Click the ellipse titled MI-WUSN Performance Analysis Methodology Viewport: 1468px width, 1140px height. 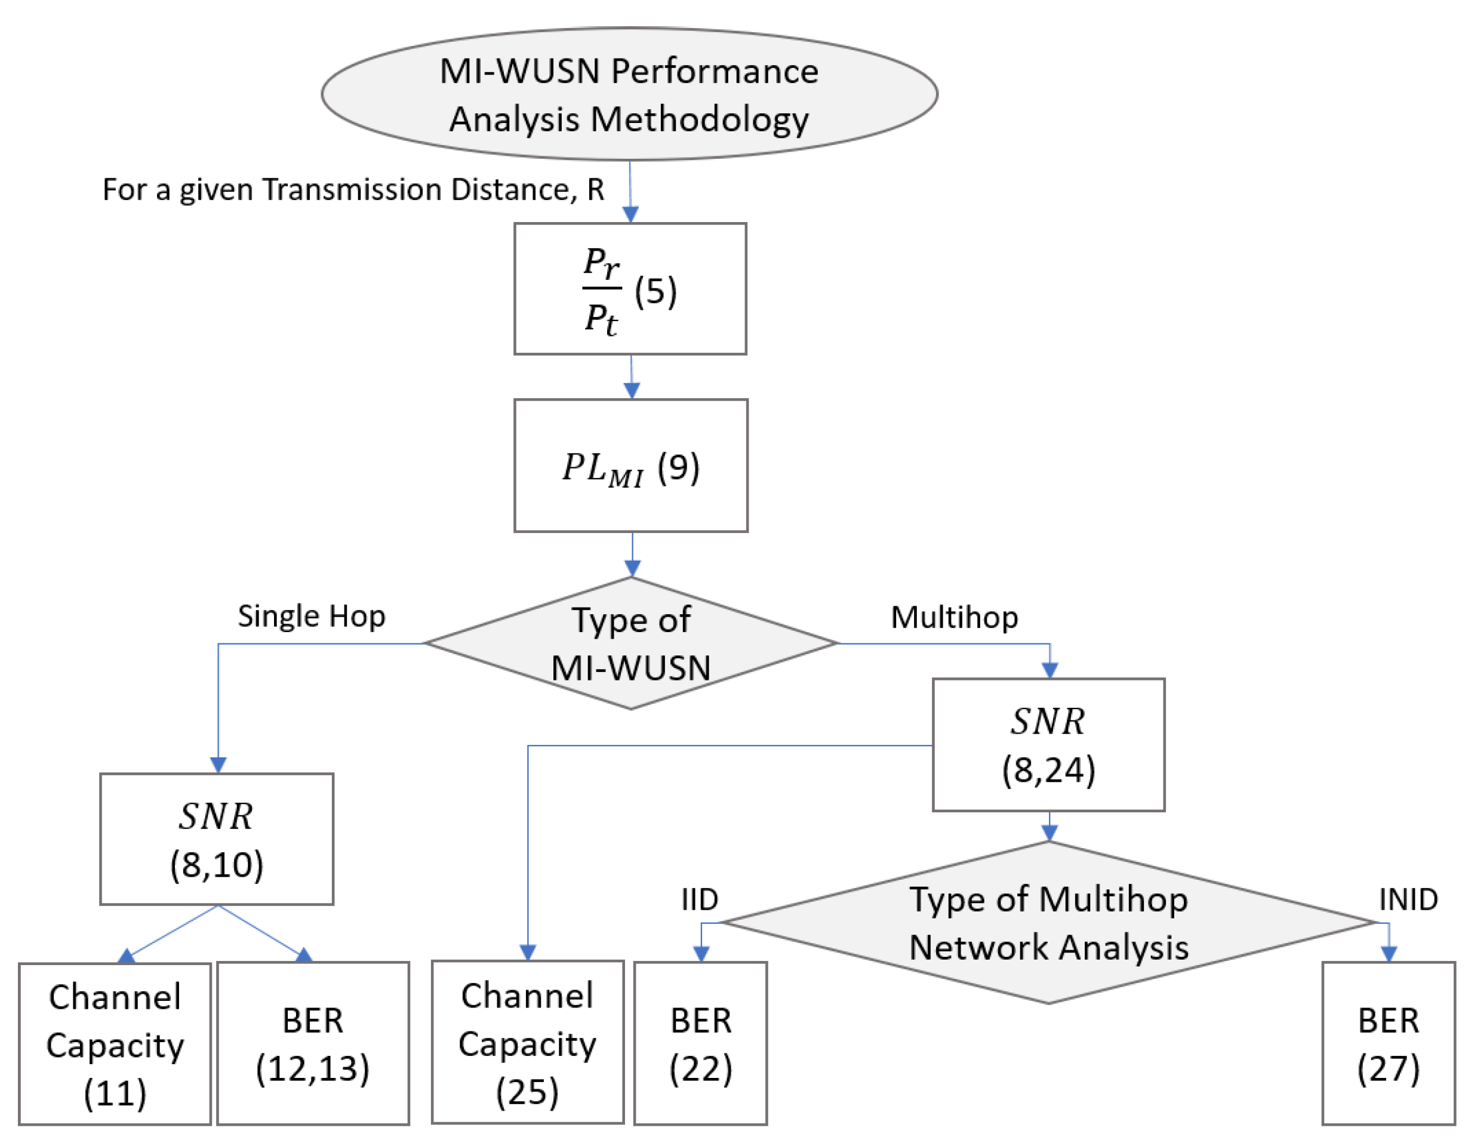(629, 94)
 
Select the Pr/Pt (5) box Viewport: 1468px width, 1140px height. (630, 288)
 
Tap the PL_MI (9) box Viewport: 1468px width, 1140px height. (630, 466)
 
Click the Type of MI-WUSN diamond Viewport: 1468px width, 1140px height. (630, 643)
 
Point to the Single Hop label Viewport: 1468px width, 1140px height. (311, 616)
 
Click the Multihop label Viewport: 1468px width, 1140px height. (954, 617)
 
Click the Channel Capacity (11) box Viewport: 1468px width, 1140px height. (115, 1044)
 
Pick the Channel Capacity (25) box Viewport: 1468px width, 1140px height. (527, 1043)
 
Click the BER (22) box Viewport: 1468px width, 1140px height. (700, 1044)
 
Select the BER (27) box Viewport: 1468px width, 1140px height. (1388, 1044)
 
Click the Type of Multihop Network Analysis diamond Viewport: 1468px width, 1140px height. (1048, 923)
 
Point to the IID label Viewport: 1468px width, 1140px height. (700, 899)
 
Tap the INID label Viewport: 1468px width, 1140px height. (1408, 899)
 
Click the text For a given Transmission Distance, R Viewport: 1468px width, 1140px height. (353, 190)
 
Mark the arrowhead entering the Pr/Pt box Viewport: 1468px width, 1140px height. (630, 214)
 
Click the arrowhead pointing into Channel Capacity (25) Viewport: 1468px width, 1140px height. (528, 952)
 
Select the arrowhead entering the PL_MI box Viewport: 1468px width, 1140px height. (632, 390)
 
